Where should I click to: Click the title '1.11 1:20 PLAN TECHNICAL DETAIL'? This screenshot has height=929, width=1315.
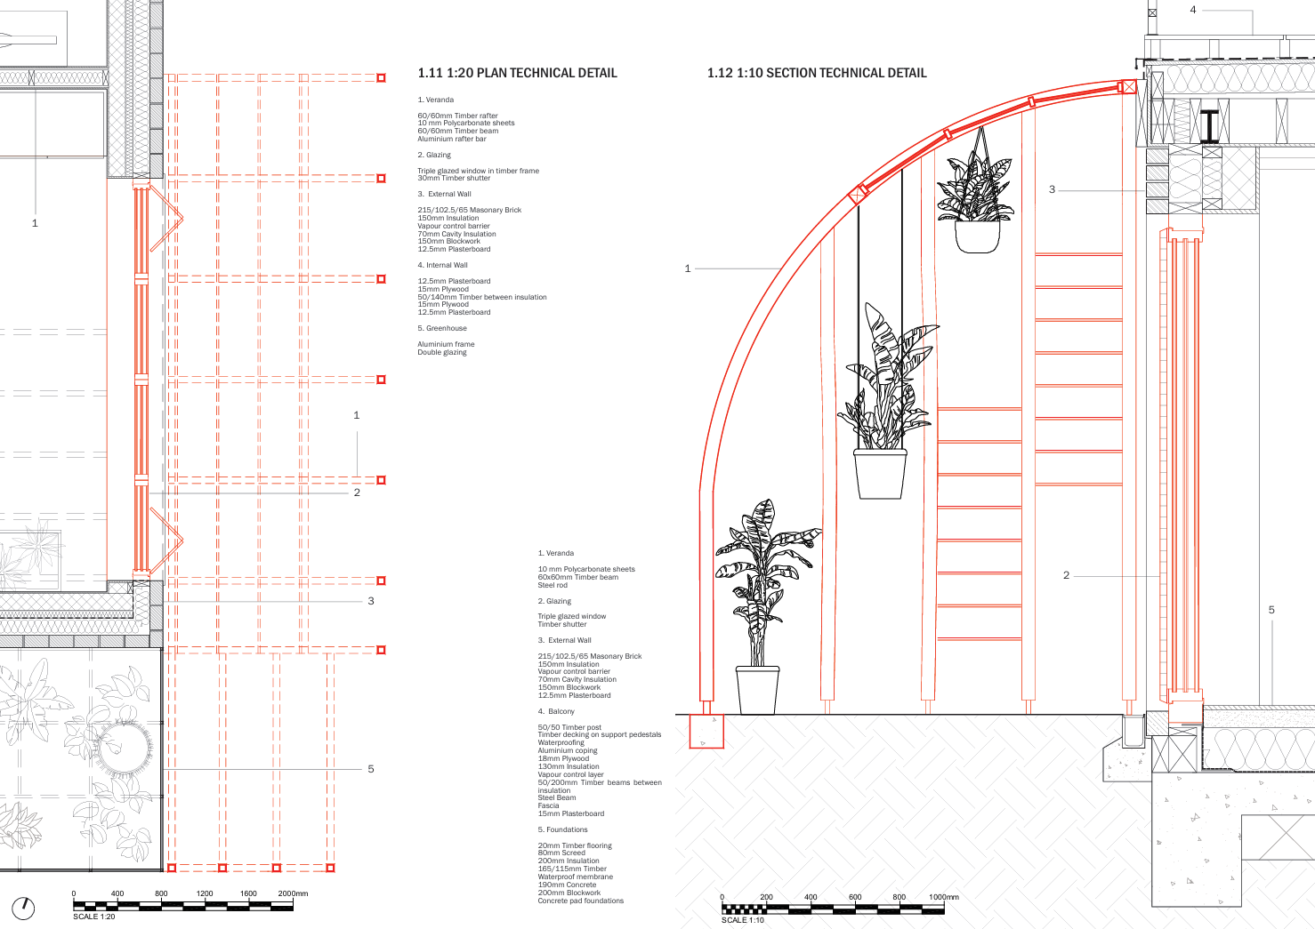[517, 73]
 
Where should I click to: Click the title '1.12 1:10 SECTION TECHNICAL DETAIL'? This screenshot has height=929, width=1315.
[817, 73]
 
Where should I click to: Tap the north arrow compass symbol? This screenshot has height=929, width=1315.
[23, 909]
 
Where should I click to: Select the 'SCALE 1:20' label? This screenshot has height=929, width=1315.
[94, 917]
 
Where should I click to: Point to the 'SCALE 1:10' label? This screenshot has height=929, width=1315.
[743, 920]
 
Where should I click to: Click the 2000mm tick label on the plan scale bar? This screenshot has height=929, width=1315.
[293, 893]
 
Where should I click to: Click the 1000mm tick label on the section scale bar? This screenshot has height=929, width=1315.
[944, 897]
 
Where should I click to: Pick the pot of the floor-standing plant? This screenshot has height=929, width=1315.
[757, 690]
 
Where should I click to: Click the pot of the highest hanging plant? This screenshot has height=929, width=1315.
[978, 236]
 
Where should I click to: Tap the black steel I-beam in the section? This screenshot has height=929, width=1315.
[1209, 126]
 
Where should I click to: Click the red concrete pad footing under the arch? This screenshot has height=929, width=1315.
[706, 732]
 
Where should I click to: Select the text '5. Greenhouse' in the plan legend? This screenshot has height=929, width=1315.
[442, 328]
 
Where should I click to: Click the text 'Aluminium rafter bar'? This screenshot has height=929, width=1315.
[452, 139]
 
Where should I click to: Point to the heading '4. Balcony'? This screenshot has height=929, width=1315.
[556, 711]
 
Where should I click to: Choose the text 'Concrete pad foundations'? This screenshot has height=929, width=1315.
[581, 901]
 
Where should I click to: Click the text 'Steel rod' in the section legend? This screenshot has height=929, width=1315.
[553, 585]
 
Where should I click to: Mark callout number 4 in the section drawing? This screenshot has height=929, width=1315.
[1193, 10]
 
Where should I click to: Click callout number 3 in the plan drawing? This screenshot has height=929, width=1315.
[371, 601]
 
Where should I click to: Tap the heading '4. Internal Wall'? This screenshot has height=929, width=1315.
[443, 265]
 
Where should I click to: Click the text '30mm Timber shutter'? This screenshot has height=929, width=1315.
[454, 179]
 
